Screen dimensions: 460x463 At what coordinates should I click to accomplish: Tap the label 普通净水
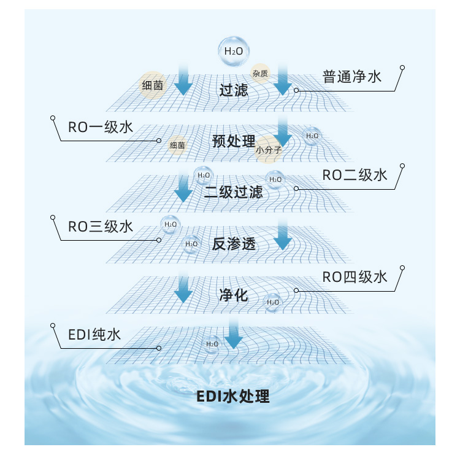tap(352, 77)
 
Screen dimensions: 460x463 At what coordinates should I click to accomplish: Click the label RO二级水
tap(355, 175)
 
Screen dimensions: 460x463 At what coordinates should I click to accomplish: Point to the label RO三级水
tap(101, 227)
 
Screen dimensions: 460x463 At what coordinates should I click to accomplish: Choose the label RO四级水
tap(355, 277)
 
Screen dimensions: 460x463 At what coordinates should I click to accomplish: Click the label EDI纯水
tap(94, 335)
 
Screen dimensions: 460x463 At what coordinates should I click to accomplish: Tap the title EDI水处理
tap(233, 396)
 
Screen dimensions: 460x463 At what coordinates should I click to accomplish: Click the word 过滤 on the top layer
tap(234, 90)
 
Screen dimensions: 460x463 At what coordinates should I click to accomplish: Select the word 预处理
tap(233, 141)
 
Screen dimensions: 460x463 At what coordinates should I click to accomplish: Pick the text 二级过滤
tap(233, 192)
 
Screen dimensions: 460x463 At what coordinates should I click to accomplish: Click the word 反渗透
tap(233, 244)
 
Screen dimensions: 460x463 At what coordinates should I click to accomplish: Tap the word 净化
tap(233, 295)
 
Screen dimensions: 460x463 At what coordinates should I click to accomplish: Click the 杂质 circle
tap(260, 72)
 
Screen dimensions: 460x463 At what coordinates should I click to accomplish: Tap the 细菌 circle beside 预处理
tap(177, 145)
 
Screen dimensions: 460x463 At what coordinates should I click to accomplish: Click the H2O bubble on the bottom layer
tap(212, 344)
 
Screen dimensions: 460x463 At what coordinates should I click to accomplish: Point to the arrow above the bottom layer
tap(232, 333)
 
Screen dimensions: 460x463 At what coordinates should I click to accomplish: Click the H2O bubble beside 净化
tap(272, 302)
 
